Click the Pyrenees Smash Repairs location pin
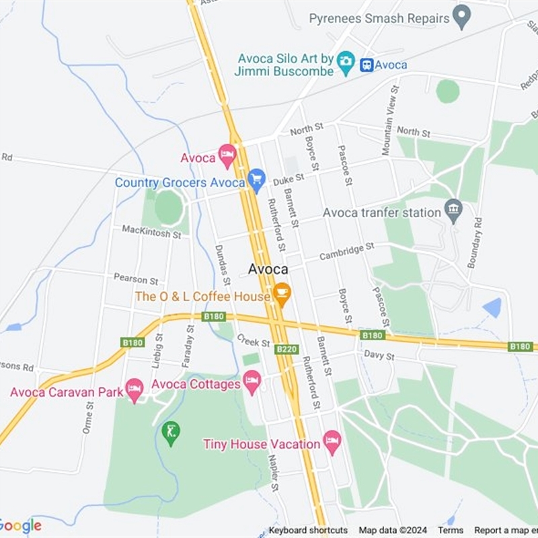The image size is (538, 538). pos(461,16)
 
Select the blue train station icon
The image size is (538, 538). pos(367,65)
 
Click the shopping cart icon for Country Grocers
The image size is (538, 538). pos(256,180)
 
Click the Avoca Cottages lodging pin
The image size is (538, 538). pos(252,382)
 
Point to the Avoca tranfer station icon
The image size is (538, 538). pos(453,210)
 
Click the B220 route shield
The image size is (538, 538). pos(287,349)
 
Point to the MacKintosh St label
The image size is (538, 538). pos(151,232)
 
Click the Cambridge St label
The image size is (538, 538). pos(346,252)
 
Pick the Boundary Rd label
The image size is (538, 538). pos(475,243)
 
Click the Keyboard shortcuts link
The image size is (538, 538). pos(308,530)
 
